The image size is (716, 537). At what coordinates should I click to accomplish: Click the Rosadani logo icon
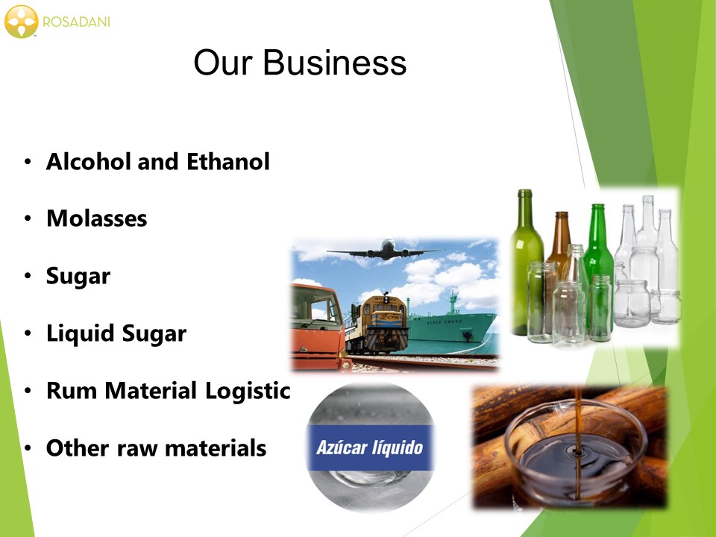[x=21, y=22]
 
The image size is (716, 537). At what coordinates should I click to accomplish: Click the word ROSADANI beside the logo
[x=76, y=22]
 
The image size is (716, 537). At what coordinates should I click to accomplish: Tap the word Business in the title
[x=334, y=63]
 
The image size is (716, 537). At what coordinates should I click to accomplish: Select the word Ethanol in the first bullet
[x=228, y=162]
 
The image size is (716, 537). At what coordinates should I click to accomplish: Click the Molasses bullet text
[x=97, y=219]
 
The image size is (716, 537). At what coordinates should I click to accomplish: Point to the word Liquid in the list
[x=81, y=334]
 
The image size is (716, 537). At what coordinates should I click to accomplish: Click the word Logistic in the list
[x=248, y=391]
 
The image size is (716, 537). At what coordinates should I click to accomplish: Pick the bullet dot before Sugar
[x=28, y=276]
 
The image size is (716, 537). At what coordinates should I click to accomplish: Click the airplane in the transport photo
[x=386, y=250]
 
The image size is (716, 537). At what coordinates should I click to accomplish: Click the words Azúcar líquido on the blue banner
[x=369, y=447]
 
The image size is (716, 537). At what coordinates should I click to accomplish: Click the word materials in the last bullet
[x=216, y=448]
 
